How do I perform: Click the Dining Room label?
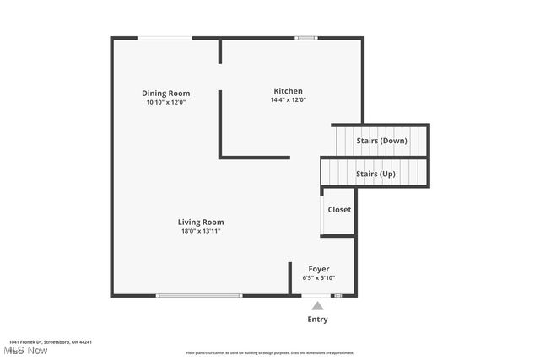165,94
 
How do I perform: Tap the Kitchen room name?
288,91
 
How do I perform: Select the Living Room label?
201,222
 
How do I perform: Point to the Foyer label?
318,269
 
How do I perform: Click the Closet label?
339,209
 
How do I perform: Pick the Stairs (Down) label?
382,140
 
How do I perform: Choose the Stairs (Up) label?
375,174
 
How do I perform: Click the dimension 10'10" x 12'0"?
165,102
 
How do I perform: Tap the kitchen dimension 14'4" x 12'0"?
288,99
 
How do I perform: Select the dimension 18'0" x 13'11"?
201,231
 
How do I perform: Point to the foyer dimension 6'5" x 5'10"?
318,277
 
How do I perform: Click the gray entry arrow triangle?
317,306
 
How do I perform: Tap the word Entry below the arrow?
317,320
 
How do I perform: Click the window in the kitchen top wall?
305,37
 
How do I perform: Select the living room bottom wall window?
199,295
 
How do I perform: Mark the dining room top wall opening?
165,37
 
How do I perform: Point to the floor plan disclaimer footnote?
269,353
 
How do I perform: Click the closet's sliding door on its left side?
322,212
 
